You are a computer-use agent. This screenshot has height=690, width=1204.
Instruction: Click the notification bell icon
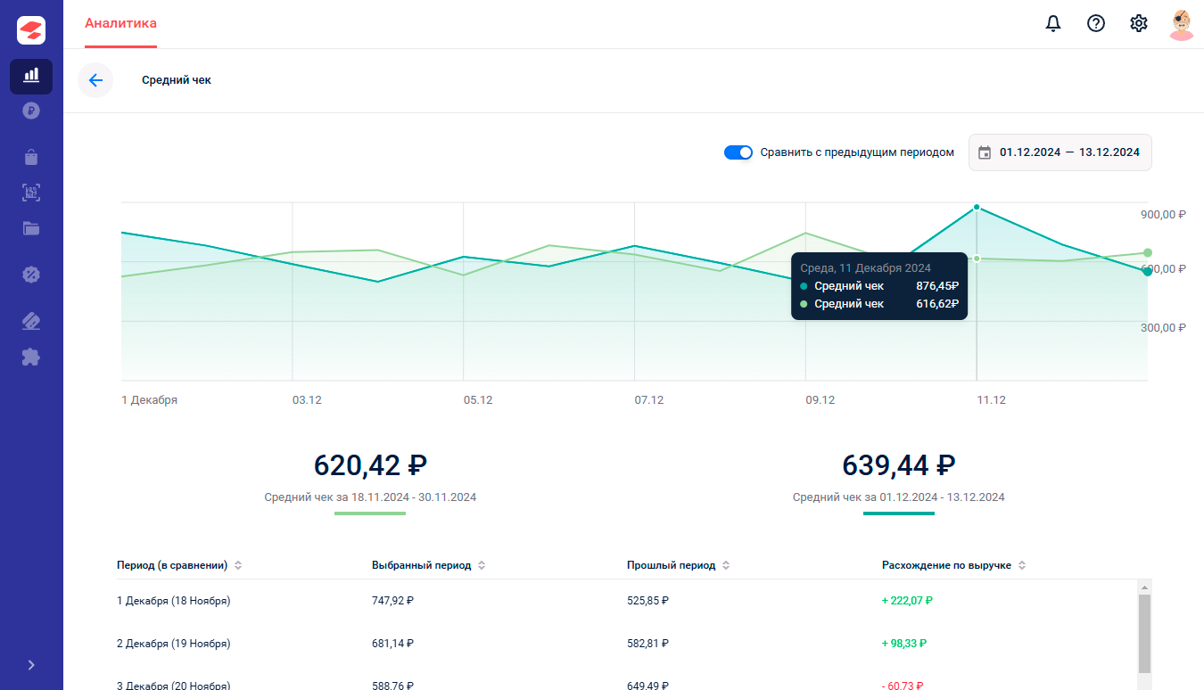[x=1053, y=23]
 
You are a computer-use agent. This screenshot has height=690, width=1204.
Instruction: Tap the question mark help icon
[x=1096, y=23]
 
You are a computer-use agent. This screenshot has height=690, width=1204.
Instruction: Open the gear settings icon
[x=1138, y=23]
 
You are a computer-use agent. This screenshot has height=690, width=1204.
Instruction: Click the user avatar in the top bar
[x=1182, y=24]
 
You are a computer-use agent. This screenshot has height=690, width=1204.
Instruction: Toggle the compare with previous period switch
[x=738, y=152]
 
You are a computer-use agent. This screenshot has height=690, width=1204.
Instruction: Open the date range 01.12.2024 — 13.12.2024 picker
[x=1060, y=152]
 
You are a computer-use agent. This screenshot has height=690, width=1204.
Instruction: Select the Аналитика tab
[x=121, y=23]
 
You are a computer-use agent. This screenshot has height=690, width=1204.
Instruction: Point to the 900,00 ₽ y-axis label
[x=1163, y=215]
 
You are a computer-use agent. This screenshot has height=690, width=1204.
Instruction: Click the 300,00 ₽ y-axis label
[x=1163, y=328]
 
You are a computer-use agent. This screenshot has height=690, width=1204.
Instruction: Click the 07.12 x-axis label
[x=648, y=399]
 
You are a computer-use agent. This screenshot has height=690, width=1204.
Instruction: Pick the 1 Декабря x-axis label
[x=150, y=399]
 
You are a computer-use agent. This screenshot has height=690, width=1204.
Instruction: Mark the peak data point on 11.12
[x=977, y=208]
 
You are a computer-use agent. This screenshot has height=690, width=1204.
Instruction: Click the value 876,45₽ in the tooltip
[x=937, y=286]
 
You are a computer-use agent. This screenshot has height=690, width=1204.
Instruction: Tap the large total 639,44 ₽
[x=899, y=465]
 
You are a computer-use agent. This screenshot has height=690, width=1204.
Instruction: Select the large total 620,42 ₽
[x=370, y=465]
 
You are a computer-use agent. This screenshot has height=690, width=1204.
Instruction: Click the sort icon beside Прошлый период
[x=726, y=565]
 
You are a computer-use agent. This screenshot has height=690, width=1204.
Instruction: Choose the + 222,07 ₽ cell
[x=907, y=601]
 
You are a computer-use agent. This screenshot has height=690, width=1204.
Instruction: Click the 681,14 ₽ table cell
[x=392, y=644]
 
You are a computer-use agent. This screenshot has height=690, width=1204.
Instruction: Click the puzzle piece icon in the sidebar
[x=31, y=357]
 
